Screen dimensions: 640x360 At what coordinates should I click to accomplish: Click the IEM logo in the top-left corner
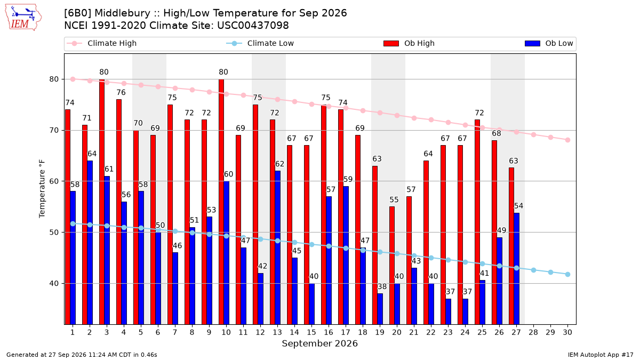[x=23, y=18]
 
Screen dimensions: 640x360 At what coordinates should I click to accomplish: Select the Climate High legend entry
[x=101, y=43]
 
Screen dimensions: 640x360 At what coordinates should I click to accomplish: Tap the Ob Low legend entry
[x=549, y=43]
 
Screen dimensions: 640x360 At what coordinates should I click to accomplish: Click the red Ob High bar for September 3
[x=102, y=202]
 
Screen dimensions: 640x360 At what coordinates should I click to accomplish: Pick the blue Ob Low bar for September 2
[x=90, y=243]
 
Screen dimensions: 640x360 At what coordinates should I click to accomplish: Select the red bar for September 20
[x=391, y=266]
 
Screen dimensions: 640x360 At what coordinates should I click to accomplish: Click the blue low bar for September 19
[x=380, y=309]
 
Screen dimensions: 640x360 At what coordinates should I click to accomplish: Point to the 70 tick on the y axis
[x=54, y=130]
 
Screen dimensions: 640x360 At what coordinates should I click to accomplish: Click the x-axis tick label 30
[x=567, y=332]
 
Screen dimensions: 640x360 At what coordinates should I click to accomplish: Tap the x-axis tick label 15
[x=311, y=332]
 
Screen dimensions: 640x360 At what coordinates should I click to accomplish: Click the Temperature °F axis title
[x=42, y=189]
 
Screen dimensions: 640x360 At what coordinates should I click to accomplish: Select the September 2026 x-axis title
[x=319, y=343]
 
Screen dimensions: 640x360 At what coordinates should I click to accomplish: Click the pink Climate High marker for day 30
[x=567, y=140]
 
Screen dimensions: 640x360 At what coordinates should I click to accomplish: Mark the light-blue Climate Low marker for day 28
[x=533, y=270]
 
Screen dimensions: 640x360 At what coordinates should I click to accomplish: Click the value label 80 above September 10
[x=223, y=72]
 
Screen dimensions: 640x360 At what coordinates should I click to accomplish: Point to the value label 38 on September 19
[x=382, y=286]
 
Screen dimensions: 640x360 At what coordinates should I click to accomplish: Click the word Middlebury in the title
[x=122, y=13]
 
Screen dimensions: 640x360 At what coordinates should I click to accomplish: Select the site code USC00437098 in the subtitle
[x=253, y=26]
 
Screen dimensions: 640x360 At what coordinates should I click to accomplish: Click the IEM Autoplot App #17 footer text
[x=601, y=355]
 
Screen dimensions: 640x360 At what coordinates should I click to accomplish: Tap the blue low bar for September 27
[x=517, y=269]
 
